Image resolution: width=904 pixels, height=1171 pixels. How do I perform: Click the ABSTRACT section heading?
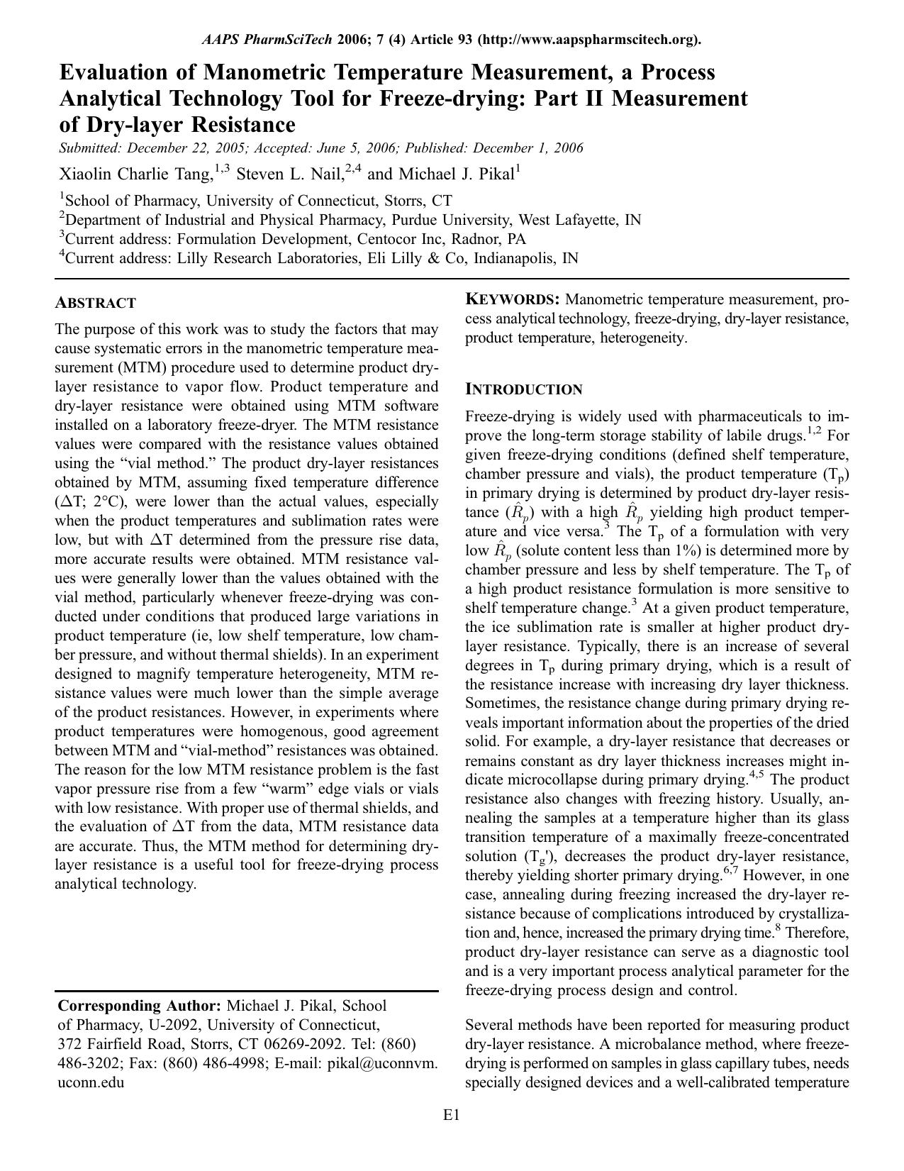click(95, 303)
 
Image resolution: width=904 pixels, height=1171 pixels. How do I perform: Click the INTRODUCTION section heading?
click(523, 389)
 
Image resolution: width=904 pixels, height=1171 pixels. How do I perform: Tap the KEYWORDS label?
click(512, 299)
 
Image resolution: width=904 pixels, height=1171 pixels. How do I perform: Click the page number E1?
click(452, 1115)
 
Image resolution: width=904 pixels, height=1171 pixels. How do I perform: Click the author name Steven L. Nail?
click(289, 174)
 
